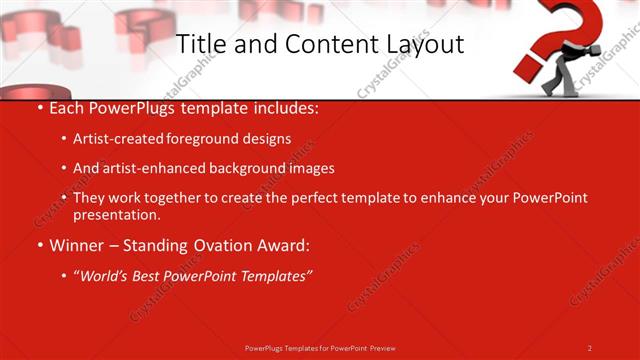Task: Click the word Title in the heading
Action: click(x=198, y=44)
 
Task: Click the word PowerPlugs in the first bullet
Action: click(x=130, y=106)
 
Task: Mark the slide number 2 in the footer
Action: click(x=589, y=348)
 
